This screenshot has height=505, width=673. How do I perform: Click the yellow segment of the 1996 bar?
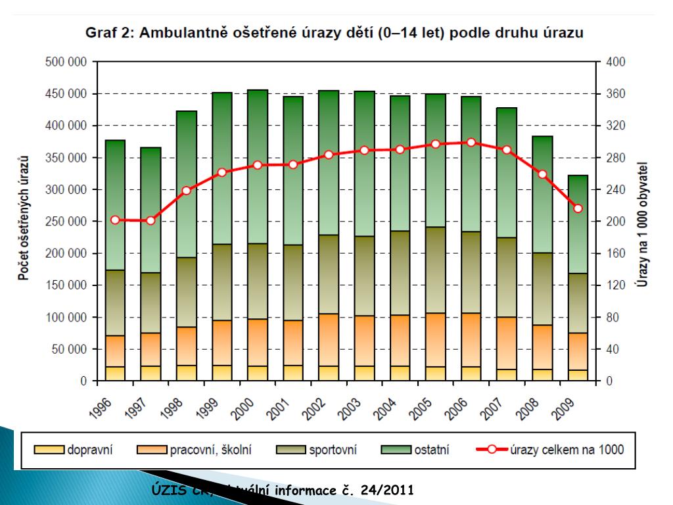(115, 373)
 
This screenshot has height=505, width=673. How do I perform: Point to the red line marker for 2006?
(470, 142)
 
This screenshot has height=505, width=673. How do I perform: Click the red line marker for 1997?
(151, 220)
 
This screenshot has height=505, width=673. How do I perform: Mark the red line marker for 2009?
(578, 208)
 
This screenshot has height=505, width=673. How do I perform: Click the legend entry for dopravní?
(89, 450)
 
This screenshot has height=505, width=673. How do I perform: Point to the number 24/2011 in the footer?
(386, 491)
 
